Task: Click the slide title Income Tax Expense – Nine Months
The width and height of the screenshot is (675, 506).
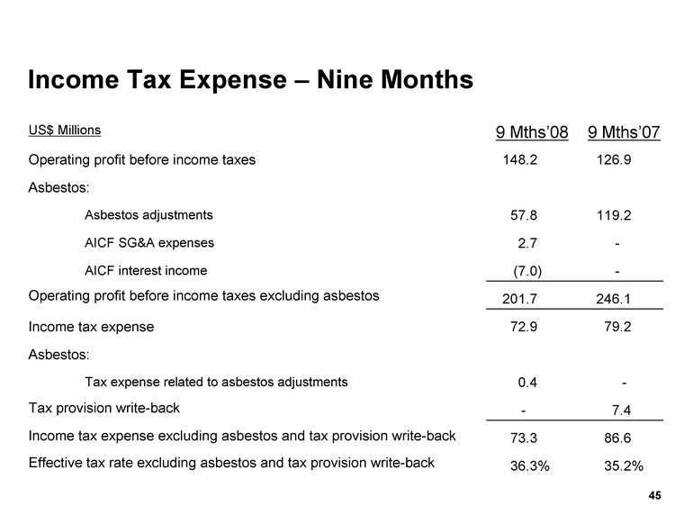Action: (x=250, y=80)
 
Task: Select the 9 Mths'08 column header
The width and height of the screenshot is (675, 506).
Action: (x=532, y=133)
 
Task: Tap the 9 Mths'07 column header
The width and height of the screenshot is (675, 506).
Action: (x=624, y=133)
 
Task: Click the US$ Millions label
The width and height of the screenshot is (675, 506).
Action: (x=65, y=130)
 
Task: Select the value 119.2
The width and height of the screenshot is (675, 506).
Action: (x=612, y=216)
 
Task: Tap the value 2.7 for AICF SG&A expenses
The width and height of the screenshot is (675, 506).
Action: (x=528, y=243)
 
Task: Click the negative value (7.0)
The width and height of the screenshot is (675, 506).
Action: (x=526, y=271)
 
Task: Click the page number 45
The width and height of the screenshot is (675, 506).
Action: (x=654, y=494)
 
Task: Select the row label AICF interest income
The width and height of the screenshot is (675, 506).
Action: (x=145, y=270)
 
